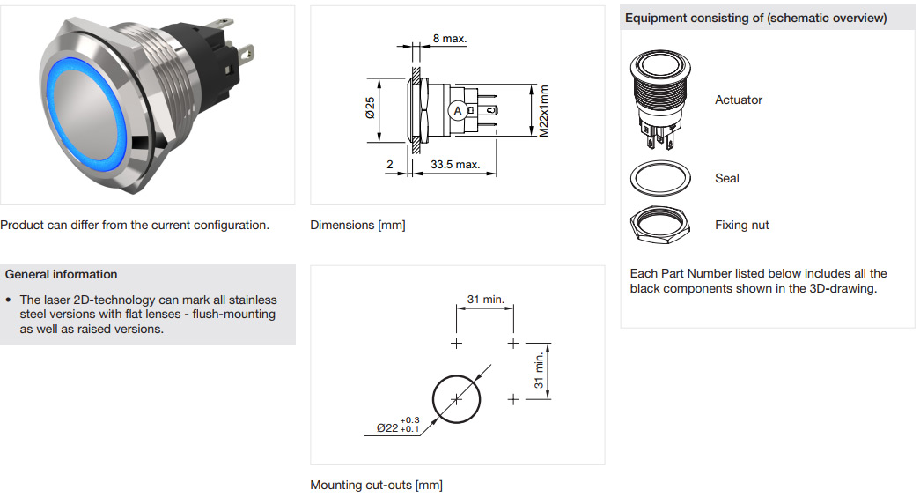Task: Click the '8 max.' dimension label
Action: [x=449, y=39]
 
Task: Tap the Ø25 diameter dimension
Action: [x=371, y=109]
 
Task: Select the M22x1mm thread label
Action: [x=544, y=110]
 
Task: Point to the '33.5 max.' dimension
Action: [x=454, y=165]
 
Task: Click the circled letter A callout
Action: [x=457, y=111]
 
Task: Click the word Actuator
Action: [x=738, y=100]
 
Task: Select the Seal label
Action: [x=726, y=178]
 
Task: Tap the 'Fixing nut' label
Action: [x=741, y=225]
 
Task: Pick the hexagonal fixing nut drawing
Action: [x=660, y=226]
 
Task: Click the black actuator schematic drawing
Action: [x=659, y=97]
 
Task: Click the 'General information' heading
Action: [x=61, y=274]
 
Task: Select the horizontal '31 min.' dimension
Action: [x=485, y=300]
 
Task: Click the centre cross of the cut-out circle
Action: [x=456, y=399]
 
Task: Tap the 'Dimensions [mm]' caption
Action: [x=357, y=226]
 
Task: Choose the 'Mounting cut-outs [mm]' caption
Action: [x=376, y=485]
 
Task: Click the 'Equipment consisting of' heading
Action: [x=755, y=18]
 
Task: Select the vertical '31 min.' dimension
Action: [x=538, y=370]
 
